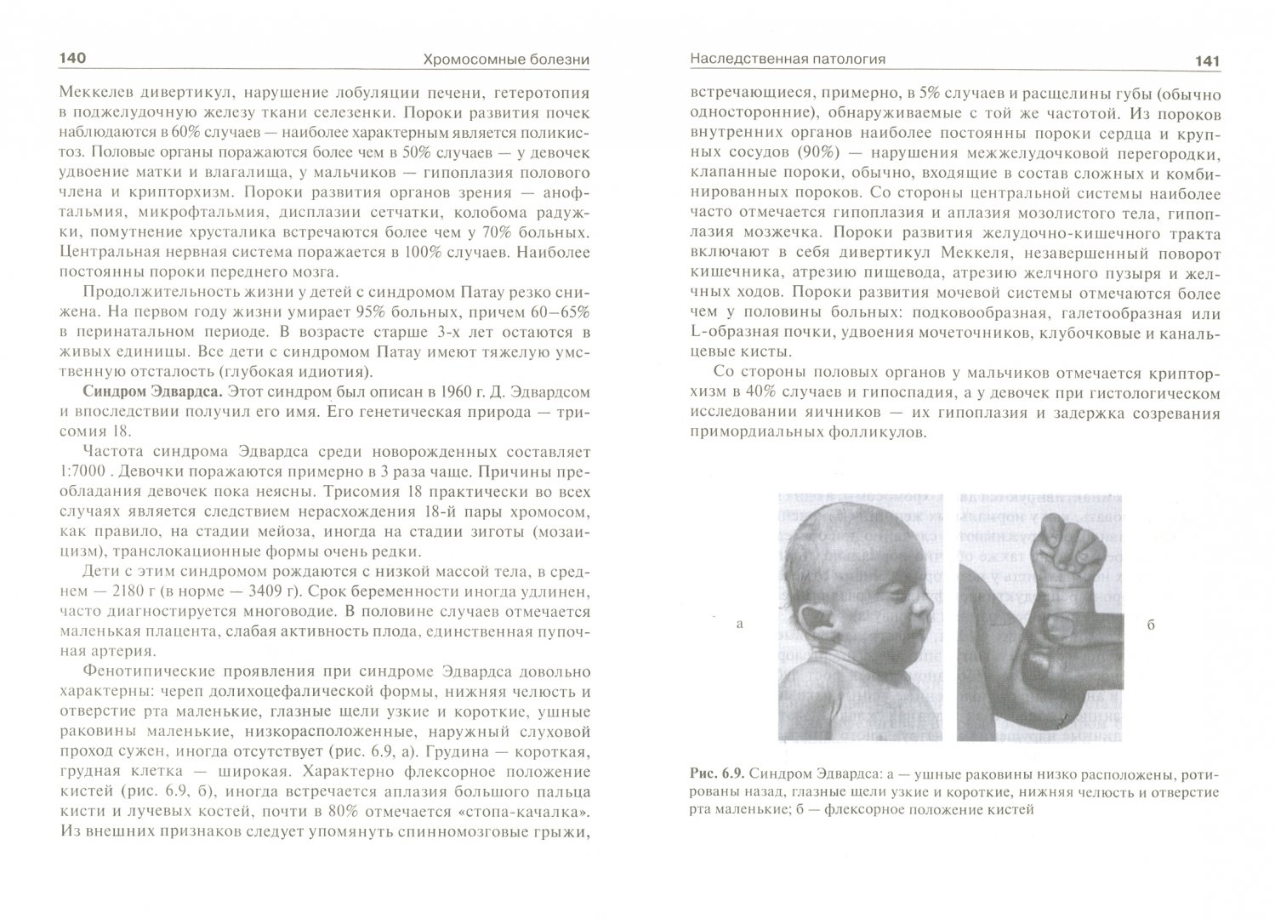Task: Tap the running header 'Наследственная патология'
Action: (788, 59)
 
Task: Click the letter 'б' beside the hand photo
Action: (1150, 625)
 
